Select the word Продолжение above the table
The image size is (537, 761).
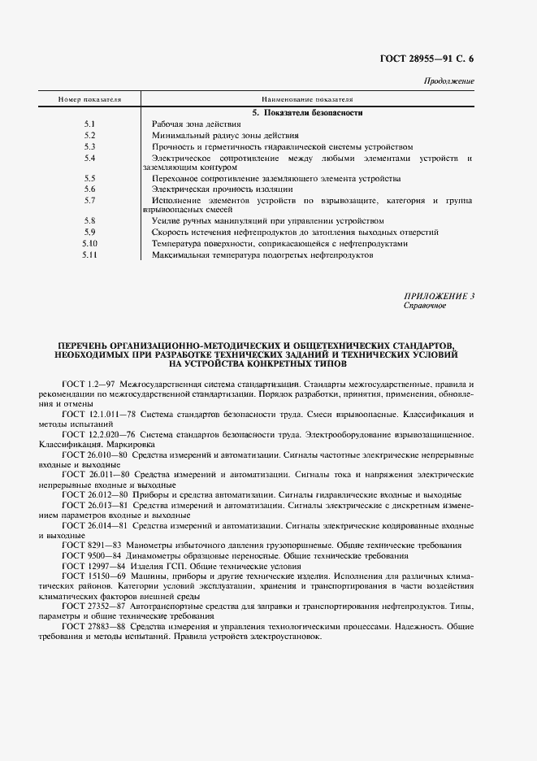point(449,81)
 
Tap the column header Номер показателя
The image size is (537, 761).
point(89,99)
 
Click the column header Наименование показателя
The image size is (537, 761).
point(306,99)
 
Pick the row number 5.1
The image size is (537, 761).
point(89,124)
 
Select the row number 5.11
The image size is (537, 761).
point(89,254)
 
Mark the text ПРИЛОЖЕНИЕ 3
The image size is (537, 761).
point(439,296)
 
